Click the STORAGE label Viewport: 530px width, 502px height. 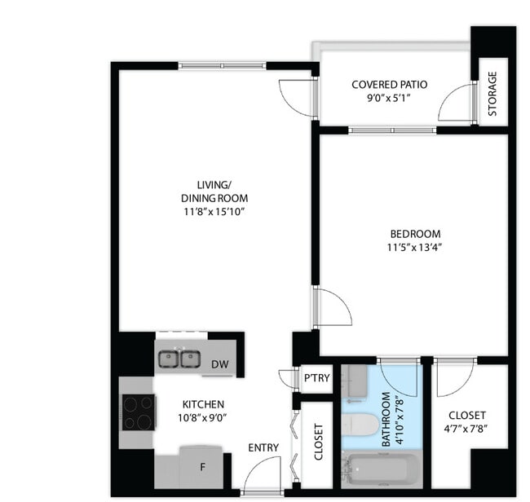coord(493,94)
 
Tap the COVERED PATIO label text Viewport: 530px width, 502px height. coord(389,85)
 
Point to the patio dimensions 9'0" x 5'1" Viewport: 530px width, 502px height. coord(389,98)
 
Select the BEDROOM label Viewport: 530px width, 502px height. coord(414,233)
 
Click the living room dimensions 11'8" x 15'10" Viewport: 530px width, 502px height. coord(214,211)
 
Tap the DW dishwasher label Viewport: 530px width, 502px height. coord(219,365)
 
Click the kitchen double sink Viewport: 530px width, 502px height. coord(179,359)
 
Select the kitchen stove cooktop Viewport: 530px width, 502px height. coord(138,412)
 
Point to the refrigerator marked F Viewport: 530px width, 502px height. coord(203,468)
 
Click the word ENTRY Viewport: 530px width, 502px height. coord(263,447)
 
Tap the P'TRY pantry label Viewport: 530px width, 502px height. coord(316,378)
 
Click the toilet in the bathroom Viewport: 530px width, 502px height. coord(360,425)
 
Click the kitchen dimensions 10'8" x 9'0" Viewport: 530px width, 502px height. coord(203,417)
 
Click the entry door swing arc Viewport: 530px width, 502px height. coord(263,474)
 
